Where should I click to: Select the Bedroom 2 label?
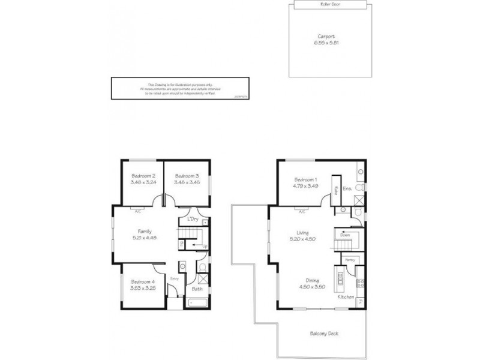144,175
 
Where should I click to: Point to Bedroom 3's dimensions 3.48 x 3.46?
187,182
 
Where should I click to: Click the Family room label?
144,231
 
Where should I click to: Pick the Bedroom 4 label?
144,282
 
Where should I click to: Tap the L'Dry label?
193,219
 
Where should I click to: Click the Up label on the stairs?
205,246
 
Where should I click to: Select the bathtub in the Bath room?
197,302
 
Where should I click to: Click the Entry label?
175,278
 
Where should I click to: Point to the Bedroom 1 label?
306,180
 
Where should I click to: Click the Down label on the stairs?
344,235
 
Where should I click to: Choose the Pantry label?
350,259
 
